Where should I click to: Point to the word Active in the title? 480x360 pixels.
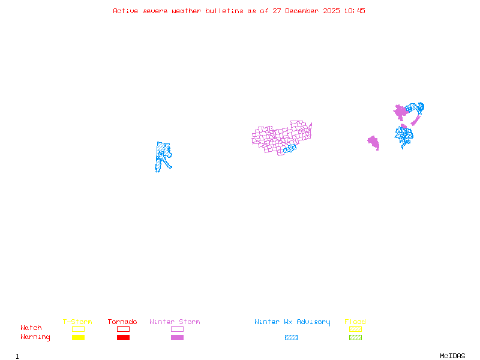[x=126, y=11]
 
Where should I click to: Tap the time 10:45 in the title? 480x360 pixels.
[x=356, y=11]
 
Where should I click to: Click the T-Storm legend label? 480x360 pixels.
[x=77, y=322]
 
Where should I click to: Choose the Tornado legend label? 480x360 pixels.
[x=122, y=322]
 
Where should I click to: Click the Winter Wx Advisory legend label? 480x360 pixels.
[x=292, y=322]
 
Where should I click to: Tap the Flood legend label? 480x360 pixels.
[x=355, y=322]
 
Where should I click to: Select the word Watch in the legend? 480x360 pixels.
[x=31, y=328]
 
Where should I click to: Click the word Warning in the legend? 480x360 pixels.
[x=35, y=337]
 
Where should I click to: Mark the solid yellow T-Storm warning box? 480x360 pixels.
[x=78, y=338]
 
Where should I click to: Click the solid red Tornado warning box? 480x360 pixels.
[x=123, y=338]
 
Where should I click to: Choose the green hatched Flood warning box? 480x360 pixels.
[x=355, y=338]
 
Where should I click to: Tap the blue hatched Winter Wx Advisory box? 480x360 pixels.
[x=291, y=338]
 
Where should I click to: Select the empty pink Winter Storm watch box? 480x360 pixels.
[x=177, y=329]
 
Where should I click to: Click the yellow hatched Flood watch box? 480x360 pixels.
[x=355, y=329]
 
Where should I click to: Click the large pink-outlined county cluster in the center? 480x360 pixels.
[x=279, y=137]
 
